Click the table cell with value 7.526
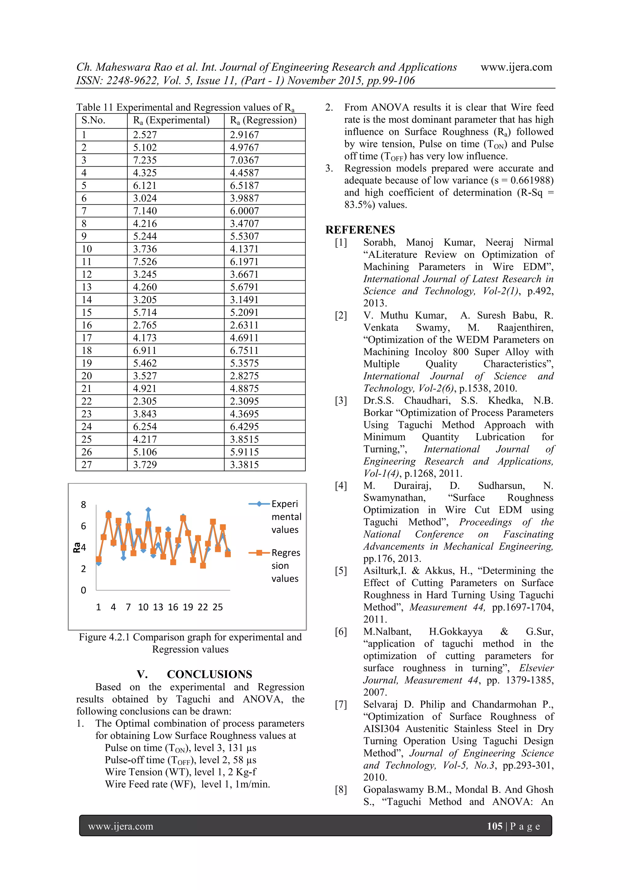click(145, 262)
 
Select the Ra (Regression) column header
click(263, 120)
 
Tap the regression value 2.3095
click(244, 401)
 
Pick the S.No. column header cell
click(93, 120)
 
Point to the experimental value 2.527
click(145, 135)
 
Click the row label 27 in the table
click(87, 464)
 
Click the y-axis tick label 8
click(83, 505)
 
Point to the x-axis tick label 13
click(158, 607)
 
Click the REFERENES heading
click(360, 230)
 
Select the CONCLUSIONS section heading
click(209, 674)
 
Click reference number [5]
click(341, 571)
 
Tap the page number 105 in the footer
click(495, 826)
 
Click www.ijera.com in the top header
click(516, 67)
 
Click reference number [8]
click(341, 790)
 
